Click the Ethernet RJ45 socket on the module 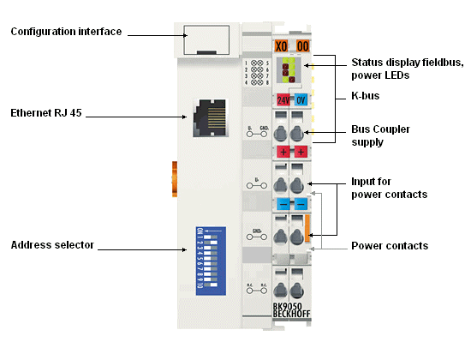tap(209, 113)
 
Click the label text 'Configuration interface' tap(66, 32)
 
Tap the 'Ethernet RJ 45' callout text tap(49, 113)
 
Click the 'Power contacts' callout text tap(390, 246)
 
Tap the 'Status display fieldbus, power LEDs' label tap(407, 69)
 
